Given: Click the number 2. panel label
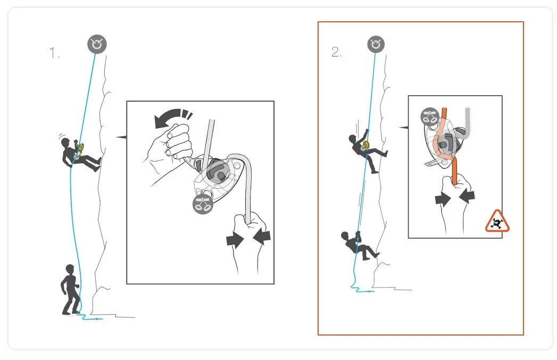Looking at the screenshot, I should click(x=336, y=52).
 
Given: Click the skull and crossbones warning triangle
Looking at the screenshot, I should click(x=497, y=221).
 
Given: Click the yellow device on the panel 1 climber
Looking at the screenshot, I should click(x=80, y=147).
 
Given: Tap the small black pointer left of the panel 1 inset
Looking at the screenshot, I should click(x=121, y=137).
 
